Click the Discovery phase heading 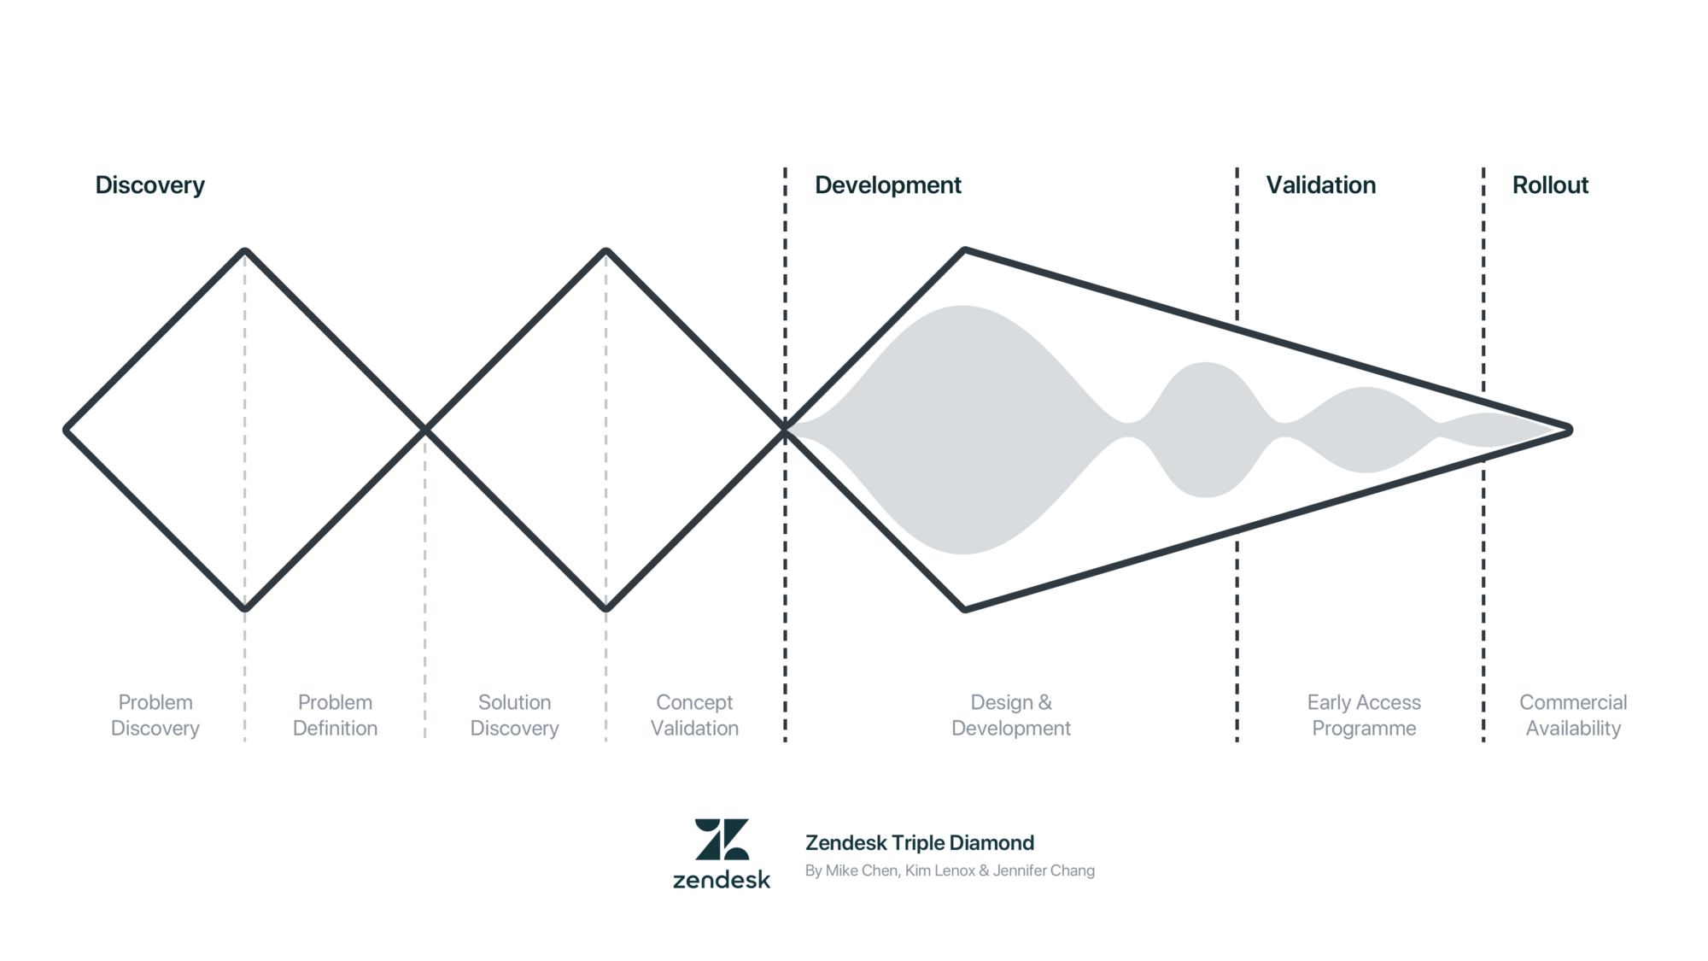tap(149, 185)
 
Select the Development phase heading tap(887, 185)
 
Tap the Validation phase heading tap(1320, 185)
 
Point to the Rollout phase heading tap(1550, 185)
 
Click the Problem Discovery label tap(155, 715)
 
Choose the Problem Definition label tap(335, 715)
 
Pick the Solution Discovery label tap(514, 715)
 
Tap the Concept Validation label tap(694, 715)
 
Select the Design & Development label tap(1010, 715)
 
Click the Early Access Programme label tap(1364, 715)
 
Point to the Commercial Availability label tap(1573, 715)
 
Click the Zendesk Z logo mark tap(722, 839)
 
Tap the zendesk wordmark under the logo tap(722, 880)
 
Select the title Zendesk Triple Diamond tap(919, 843)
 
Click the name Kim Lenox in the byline tap(939, 870)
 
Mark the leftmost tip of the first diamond tap(67, 431)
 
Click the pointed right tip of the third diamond tap(1569, 431)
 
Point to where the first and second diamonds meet tap(425, 431)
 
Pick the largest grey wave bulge tap(962, 430)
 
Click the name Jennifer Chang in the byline tap(1044, 870)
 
